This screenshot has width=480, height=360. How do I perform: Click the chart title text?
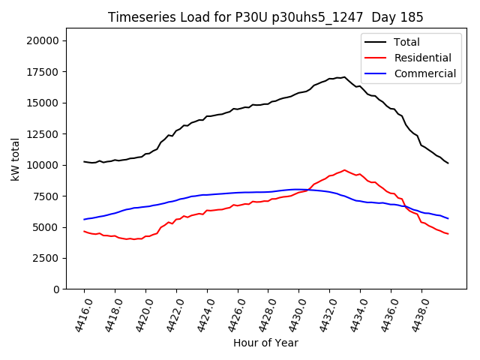(265, 17)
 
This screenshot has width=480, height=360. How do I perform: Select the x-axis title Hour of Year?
(265, 343)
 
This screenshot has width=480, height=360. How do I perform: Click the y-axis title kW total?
(15, 159)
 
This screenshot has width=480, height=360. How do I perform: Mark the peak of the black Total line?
(344, 76)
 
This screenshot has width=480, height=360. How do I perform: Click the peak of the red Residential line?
(344, 170)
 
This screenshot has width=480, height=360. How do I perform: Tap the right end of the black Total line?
(448, 163)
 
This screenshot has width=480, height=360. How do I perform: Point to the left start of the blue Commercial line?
(84, 219)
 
